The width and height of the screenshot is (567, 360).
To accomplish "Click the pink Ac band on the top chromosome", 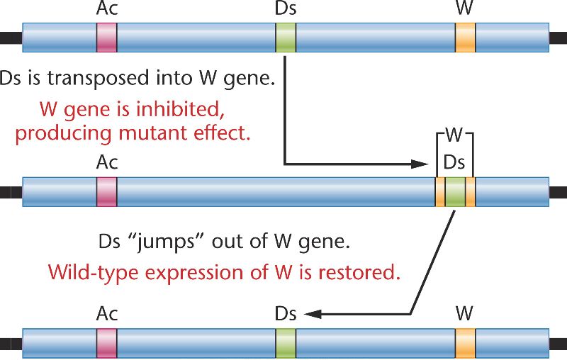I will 106,38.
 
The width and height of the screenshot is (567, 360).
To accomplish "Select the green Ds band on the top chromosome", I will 286,38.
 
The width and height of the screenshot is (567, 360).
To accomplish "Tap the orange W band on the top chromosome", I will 465,38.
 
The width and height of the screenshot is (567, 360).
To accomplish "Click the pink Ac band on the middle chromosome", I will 106,191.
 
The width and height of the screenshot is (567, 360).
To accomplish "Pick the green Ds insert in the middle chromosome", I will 455,191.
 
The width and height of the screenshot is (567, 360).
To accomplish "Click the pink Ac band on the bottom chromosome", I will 106,343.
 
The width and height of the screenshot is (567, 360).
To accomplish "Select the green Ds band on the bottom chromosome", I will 286,343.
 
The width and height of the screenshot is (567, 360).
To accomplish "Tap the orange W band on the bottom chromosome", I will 465,343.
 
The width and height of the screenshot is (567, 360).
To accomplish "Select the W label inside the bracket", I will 454,135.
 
